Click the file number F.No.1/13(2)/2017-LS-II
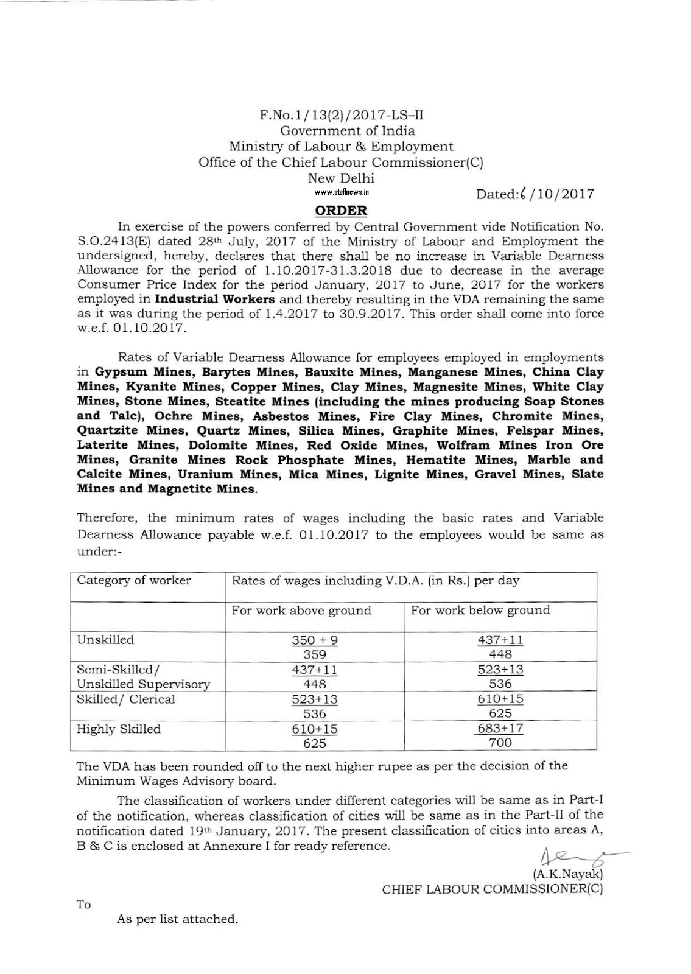click(x=341, y=114)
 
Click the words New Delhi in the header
click(x=341, y=178)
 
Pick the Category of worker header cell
click(x=134, y=580)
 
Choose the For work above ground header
click(x=301, y=610)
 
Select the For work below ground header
click(x=480, y=610)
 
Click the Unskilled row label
click(x=105, y=640)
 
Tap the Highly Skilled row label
click(x=119, y=729)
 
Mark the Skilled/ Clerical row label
click(x=126, y=699)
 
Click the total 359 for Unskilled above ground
click(x=315, y=654)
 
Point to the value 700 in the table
click(x=500, y=743)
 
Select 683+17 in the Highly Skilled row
click(x=500, y=728)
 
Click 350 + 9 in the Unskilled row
click(x=315, y=640)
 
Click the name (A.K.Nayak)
click(x=567, y=874)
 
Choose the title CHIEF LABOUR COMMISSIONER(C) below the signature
click(x=492, y=889)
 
